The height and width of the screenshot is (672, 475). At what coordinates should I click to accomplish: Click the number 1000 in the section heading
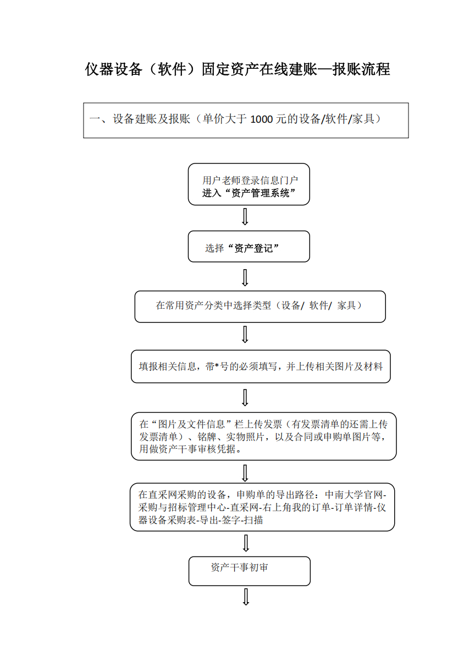[261, 119]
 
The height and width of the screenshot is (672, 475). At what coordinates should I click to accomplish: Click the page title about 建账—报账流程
[237, 69]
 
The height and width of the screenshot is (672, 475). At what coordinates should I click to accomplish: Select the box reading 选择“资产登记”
[248, 247]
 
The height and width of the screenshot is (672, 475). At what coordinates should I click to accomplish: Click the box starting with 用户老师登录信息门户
[248, 184]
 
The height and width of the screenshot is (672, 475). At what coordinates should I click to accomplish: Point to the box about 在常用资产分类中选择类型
[260, 307]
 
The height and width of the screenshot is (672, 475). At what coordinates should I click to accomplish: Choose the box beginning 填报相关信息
[261, 367]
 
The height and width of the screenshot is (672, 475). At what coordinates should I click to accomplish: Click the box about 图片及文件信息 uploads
[264, 436]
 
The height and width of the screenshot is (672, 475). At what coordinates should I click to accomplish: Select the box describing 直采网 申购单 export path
[262, 507]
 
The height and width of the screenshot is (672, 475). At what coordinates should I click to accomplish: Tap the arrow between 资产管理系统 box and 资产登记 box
[245, 217]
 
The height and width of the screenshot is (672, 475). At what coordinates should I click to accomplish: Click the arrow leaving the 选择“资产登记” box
[245, 277]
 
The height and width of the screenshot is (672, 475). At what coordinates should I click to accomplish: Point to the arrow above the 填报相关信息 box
[245, 334]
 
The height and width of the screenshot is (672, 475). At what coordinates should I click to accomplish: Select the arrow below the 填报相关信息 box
[245, 397]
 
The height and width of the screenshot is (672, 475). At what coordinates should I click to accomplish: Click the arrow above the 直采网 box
[245, 473]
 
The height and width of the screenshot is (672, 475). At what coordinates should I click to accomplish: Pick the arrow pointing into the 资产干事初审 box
[246, 543]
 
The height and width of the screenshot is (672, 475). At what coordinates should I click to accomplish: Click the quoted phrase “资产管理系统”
[259, 193]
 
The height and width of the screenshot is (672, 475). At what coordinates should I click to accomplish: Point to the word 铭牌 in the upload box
[207, 436]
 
